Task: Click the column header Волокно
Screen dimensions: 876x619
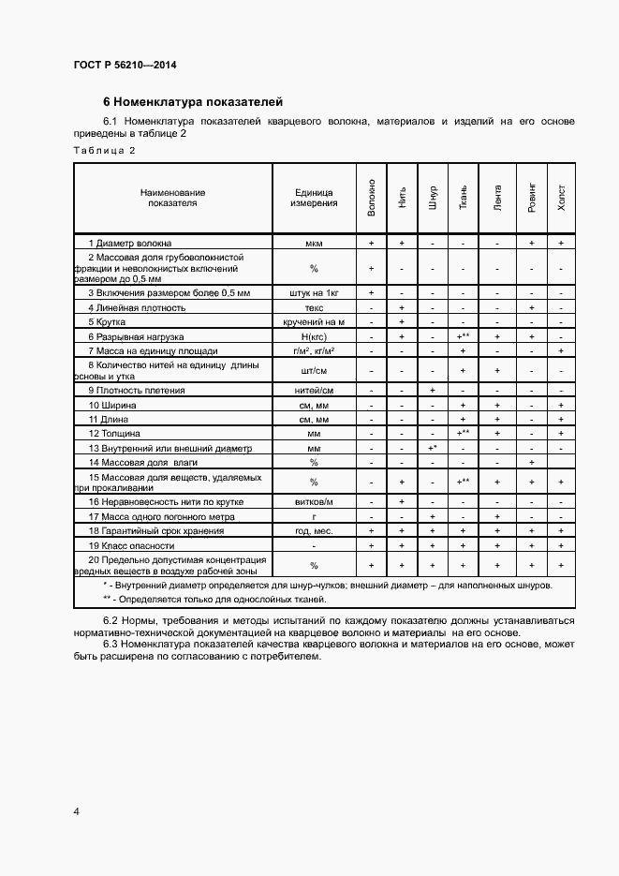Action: point(372,198)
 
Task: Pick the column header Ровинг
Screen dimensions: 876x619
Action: point(531,198)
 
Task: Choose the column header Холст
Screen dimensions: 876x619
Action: point(561,198)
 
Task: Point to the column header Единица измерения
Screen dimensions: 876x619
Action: point(314,198)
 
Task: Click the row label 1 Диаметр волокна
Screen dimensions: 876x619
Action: point(130,243)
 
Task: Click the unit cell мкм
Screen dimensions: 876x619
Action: point(314,243)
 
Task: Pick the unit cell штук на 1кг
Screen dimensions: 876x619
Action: point(314,293)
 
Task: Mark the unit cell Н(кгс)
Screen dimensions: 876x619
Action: point(314,335)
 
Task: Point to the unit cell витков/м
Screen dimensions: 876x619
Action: point(314,502)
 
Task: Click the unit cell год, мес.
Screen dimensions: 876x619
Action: point(314,530)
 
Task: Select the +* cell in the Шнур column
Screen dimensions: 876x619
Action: point(433,448)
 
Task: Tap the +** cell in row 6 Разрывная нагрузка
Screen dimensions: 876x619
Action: point(463,335)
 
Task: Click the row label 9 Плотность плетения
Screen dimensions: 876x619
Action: point(137,390)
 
